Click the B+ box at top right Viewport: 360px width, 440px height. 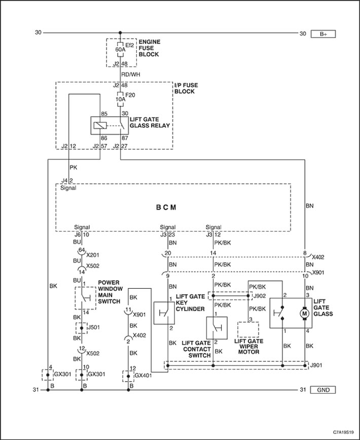(x=323, y=34)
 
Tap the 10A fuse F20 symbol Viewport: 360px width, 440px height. (x=120, y=99)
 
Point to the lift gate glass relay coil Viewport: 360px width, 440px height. (x=100, y=125)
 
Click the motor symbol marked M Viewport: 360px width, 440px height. (x=305, y=313)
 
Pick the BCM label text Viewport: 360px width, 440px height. (x=166, y=208)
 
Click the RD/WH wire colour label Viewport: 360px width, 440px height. (x=130, y=75)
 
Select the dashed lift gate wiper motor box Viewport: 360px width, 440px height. (x=248, y=329)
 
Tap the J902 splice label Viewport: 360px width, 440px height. (x=259, y=296)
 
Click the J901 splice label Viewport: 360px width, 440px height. (x=316, y=365)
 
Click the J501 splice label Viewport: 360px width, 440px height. (x=94, y=327)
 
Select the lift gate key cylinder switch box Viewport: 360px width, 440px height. (x=164, y=313)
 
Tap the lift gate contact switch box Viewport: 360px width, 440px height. (x=217, y=328)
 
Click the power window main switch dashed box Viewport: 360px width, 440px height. (x=86, y=298)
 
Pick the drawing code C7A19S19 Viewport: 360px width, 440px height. (x=343, y=433)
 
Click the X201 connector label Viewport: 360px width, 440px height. (x=92, y=255)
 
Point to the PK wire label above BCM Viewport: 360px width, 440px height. (x=73, y=167)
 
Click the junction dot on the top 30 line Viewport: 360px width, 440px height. (x=120, y=33)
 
